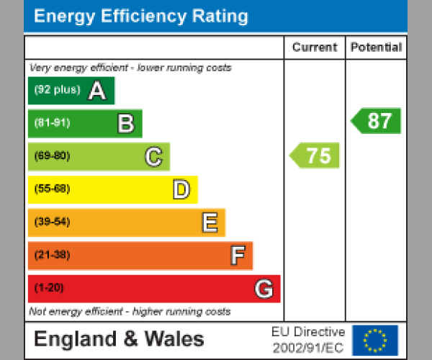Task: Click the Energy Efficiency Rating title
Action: (x=141, y=17)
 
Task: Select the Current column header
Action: (x=315, y=48)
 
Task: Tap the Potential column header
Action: (x=376, y=48)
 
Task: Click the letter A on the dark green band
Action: (x=96, y=91)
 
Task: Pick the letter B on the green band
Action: (x=125, y=124)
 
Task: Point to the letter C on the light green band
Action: (x=153, y=156)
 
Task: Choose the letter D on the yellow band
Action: (x=181, y=190)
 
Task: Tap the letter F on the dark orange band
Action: (x=237, y=256)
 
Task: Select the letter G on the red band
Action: (x=264, y=289)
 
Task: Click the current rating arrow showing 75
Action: (x=315, y=156)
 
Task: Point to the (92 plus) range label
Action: (x=57, y=91)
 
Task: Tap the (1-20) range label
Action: (x=49, y=289)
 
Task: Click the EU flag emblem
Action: (x=374, y=340)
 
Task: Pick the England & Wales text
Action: (x=119, y=339)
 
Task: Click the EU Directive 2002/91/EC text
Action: (x=308, y=340)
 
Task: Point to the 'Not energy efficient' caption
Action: (x=130, y=312)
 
